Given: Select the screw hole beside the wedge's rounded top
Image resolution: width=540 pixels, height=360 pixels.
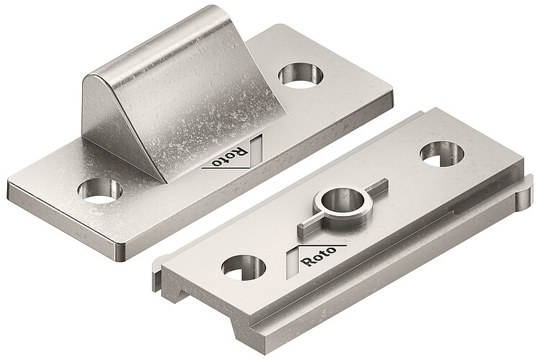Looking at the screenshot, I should (297, 74).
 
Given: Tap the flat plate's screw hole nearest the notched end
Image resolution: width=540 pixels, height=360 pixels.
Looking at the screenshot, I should (244, 267).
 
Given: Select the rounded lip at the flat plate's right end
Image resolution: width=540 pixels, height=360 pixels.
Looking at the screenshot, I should (524, 189).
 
